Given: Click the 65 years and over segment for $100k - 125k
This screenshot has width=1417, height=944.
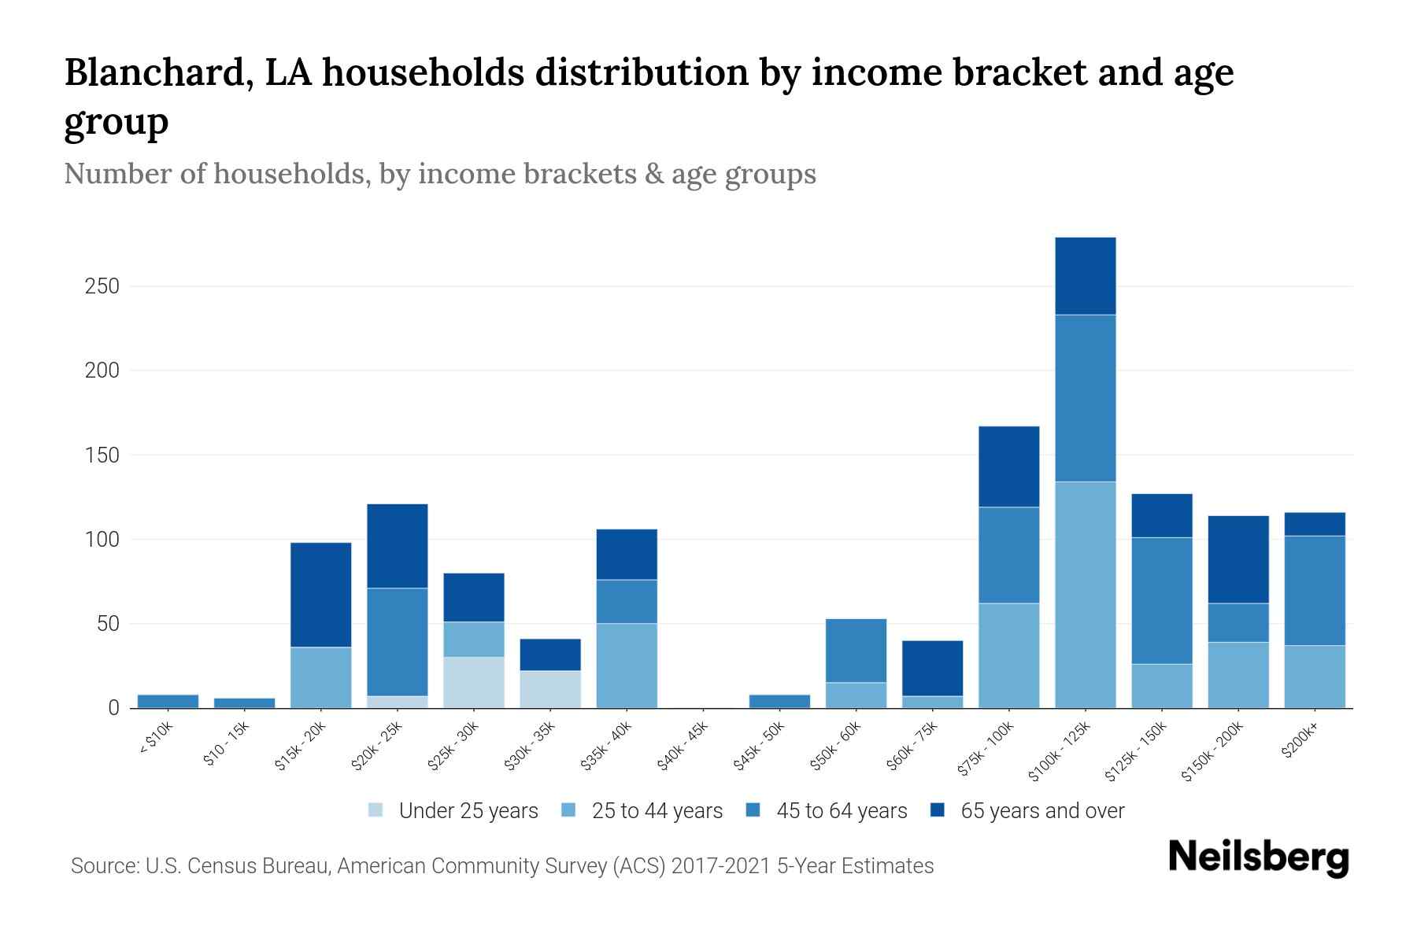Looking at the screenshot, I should [x=1085, y=276].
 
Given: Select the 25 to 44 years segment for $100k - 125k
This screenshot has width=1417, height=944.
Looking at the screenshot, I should [x=1085, y=595].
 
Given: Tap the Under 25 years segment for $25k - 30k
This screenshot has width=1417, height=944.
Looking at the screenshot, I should [x=474, y=682].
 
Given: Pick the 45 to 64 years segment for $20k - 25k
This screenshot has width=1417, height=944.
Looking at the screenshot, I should [x=398, y=642].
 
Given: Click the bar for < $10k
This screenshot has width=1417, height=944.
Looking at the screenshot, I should [x=168, y=701].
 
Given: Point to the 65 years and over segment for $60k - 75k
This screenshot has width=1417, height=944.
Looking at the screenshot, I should [x=932, y=669].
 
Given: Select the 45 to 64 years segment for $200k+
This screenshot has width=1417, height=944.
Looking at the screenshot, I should [x=1314, y=591].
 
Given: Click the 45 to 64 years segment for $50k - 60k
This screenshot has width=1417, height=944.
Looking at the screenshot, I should [x=856, y=651].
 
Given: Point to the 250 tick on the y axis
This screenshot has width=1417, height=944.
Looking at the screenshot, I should [x=102, y=286].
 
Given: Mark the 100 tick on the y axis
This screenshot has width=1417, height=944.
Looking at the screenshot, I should [x=102, y=540].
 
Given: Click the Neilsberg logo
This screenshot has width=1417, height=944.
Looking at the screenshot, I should [x=1258, y=857].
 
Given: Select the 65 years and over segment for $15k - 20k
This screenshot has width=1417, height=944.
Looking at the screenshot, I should [x=321, y=595].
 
